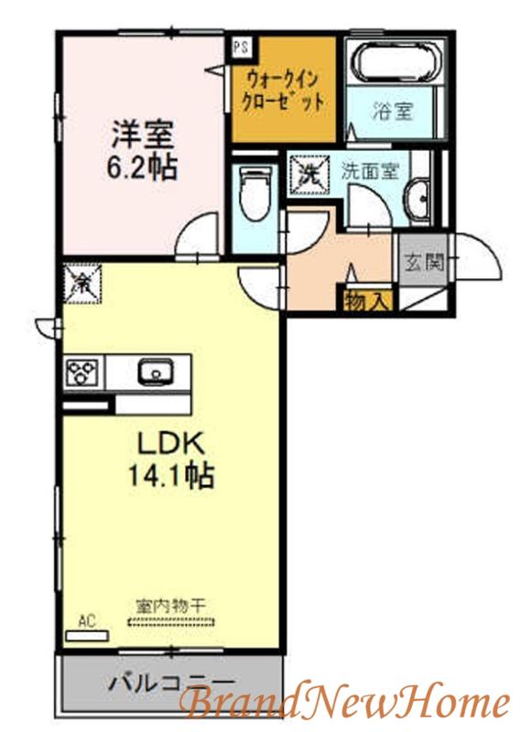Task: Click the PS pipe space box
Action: (242, 48)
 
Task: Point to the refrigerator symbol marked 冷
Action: (81, 284)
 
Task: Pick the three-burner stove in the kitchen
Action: (82, 371)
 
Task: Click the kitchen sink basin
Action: (156, 371)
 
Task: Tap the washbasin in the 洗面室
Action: (418, 199)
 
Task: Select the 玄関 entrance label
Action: (423, 264)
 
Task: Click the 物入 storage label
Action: (367, 303)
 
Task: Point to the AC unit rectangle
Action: (87, 635)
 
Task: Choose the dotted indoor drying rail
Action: (171, 622)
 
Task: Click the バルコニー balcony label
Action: (170, 684)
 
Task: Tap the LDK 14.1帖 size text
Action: (171, 460)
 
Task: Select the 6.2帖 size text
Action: (142, 169)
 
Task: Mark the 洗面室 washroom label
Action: (369, 172)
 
